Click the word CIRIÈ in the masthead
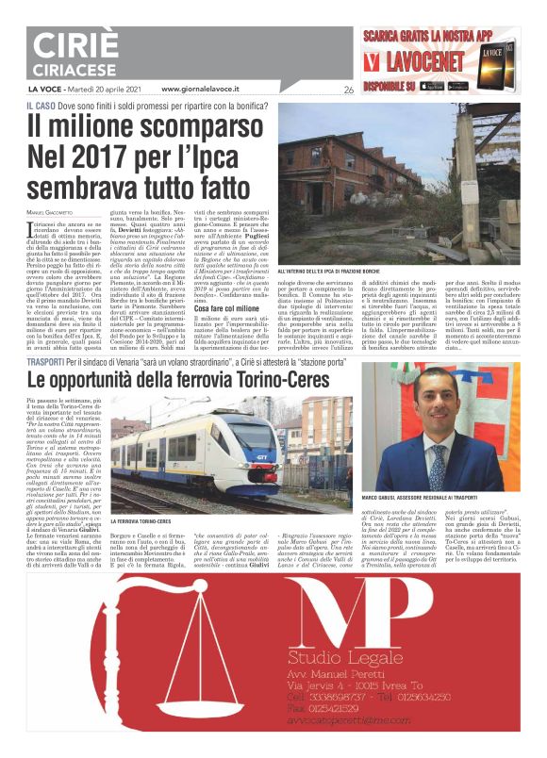click(x=73, y=45)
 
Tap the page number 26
click(x=348, y=91)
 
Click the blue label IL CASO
click(x=41, y=107)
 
